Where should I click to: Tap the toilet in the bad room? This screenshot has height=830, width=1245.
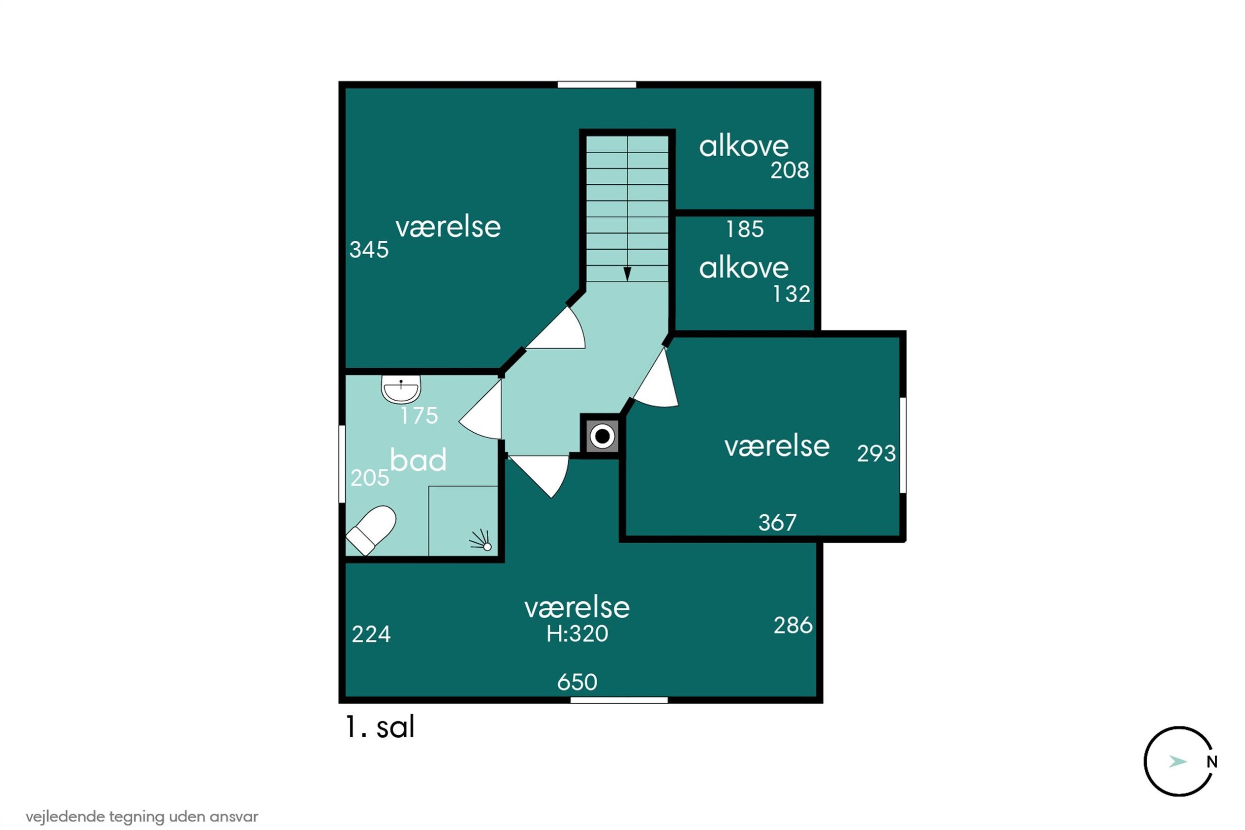371,530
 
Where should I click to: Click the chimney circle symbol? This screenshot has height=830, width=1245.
603,437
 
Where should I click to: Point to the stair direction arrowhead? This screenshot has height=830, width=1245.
627,274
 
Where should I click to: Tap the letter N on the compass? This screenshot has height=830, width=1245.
1211,762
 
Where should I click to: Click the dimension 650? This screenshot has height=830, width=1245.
577,682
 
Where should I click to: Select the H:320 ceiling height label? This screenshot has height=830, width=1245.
577,634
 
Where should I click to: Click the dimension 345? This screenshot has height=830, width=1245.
369,250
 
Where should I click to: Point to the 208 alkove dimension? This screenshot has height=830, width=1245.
789,171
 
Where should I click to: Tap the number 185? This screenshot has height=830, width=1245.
745,229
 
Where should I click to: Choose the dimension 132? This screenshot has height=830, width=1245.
791,294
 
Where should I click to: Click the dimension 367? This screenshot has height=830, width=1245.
777,523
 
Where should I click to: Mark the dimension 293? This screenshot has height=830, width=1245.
876,454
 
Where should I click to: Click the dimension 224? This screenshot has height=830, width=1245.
371,634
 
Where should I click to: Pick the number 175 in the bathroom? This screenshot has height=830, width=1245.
419,416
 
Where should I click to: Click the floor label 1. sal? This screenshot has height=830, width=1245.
380,727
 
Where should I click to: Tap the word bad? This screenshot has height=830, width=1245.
418,459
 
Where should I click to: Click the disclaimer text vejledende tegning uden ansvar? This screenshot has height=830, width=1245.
142,816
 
